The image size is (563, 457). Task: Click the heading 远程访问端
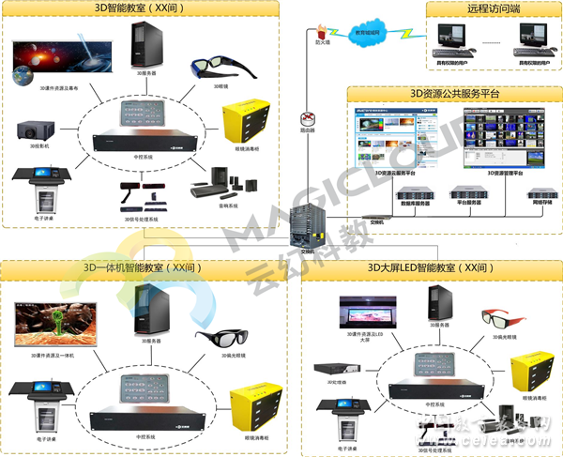pyautogui.click(x=487, y=9)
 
